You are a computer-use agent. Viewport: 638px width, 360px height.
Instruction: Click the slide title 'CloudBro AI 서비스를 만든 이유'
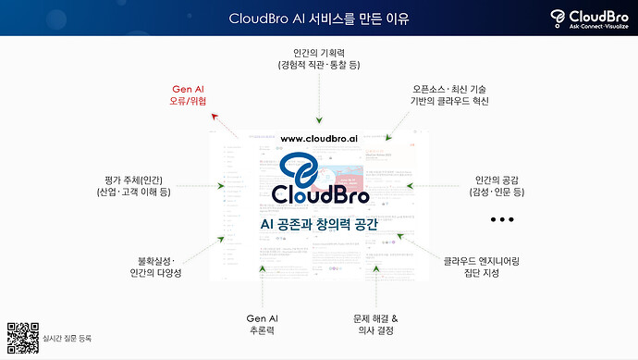click(318, 19)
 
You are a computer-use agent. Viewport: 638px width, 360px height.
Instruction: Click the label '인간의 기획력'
click(319, 58)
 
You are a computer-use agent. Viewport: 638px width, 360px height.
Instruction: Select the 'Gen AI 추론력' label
click(262, 323)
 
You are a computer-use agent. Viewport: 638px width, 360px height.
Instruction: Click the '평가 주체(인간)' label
click(133, 185)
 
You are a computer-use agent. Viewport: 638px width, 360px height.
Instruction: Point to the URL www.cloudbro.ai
click(318, 139)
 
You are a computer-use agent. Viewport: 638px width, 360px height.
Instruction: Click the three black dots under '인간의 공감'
click(502, 220)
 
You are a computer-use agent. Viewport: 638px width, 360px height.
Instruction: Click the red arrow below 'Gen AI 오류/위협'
click(216, 118)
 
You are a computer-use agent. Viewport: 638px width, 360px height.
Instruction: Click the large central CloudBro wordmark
click(321, 195)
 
